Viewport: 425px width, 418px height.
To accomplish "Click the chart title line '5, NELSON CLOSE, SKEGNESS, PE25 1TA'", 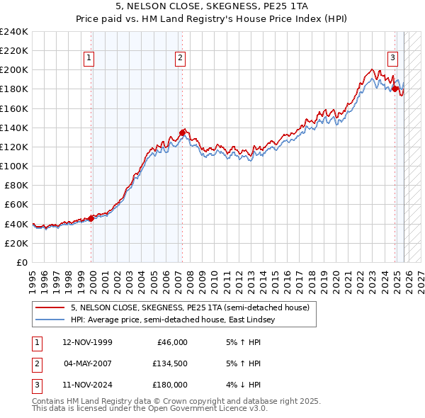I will pos(212,6).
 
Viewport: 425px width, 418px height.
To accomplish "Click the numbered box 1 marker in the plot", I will pos(90,59).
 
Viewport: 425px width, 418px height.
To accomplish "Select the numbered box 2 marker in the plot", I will pos(181,59).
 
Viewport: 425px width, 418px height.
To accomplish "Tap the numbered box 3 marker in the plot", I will pos(392,59).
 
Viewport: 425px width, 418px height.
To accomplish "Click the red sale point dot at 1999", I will pos(91,218).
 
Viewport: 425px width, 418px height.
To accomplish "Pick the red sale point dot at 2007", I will pos(182,132).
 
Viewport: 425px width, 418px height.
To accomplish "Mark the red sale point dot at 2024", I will pos(395,89).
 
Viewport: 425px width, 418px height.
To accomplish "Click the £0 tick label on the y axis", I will pos(21,262).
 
